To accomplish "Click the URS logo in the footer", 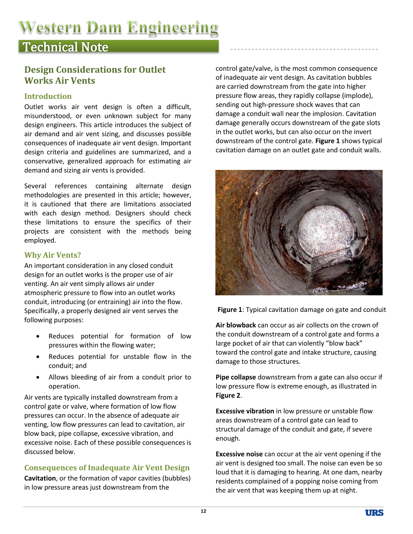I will [374, 513].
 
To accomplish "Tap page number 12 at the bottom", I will [203, 511].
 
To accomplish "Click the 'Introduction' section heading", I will [48, 96].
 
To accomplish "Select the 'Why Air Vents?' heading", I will [53, 255].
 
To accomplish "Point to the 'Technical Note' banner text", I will [66, 47].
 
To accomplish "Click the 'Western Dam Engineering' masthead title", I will [119, 28].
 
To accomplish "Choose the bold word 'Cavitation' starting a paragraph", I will [40, 478].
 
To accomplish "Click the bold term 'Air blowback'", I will [236, 325].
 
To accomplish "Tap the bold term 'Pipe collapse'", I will [236, 377].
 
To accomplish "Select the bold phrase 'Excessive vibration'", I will [245, 411].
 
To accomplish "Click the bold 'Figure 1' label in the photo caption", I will [230, 309].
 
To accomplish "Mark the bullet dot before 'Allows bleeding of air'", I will [38, 377].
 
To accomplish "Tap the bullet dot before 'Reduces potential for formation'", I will [38, 336].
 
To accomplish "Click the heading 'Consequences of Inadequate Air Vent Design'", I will [107, 468].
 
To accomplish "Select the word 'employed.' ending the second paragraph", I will [40, 240].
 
